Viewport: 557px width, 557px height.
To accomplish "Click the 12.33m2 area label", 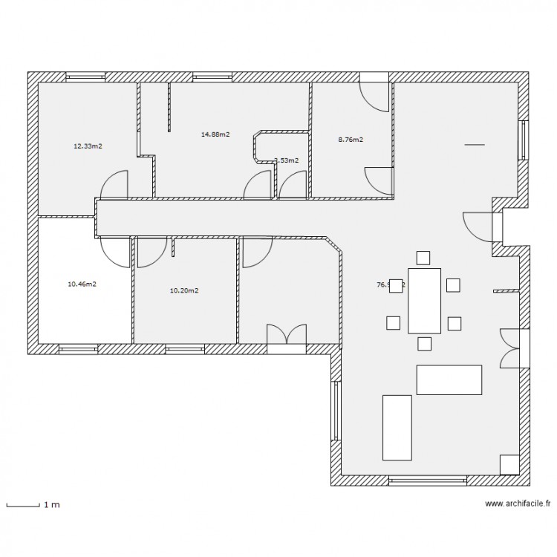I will pyautogui.click(x=87, y=146).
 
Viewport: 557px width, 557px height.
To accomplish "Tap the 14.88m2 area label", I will pyautogui.click(x=215, y=134).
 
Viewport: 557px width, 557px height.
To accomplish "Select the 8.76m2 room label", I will pyautogui.click(x=350, y=140).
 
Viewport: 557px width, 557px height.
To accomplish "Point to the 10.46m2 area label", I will pyautogui.click(x=82, y=284).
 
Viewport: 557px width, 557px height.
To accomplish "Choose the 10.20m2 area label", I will pyautogui.click(x=184, y=290).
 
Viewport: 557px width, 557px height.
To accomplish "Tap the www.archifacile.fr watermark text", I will pyautogui.click(x=518, y=504).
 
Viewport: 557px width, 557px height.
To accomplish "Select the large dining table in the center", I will pyautogui.click(x=424, y=300).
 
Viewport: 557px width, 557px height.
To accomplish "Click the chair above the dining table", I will pyautogui.click(x=423, y=258).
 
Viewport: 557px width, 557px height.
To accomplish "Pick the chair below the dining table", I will pyautogui.click(x=424, y=343).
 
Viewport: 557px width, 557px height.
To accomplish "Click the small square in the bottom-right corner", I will pyautogui.click(x=509, y=463).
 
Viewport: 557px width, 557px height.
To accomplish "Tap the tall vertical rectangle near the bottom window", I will pyautogui.click(x=397, y=427).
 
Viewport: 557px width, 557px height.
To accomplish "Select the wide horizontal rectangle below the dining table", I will pyautogui.click(x=449, y=380).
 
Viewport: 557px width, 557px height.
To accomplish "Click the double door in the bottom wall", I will pyautogui.click(x=287, y=335).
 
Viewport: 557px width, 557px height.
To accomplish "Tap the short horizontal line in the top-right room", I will pyautogui.click(x=473, y=144).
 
